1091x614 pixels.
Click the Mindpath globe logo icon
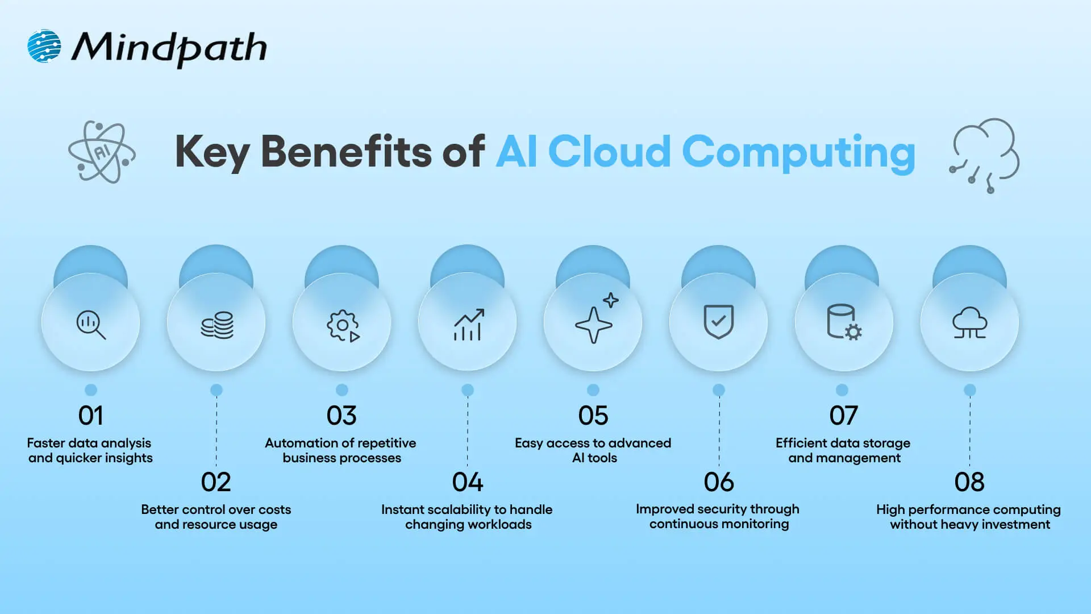tap(44, 46)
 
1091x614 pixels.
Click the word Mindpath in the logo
tap(169, 48)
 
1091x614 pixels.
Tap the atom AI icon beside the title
tap(102, 152)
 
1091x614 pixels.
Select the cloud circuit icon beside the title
tap(985, 154)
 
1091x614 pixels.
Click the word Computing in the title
tap(798, 152)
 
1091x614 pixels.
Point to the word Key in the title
tap(212, 152)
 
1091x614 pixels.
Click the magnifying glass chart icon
tap(91, 325)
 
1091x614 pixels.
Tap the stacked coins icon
tap(216, 325)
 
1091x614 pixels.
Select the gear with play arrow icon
tap(343, 325)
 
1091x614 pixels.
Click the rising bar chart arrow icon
tap(468, 325)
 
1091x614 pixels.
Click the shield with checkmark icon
tap(718, 322)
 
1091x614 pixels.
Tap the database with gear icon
tap(844, 322)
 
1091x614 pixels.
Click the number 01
tap(90, 416)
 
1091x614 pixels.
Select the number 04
tap(468, 482)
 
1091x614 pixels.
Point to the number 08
tap(969, 482)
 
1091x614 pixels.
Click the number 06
tap(719, 482)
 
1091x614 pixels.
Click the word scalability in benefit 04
tap(459, 509)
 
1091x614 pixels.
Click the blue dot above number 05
tap(593, 390)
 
